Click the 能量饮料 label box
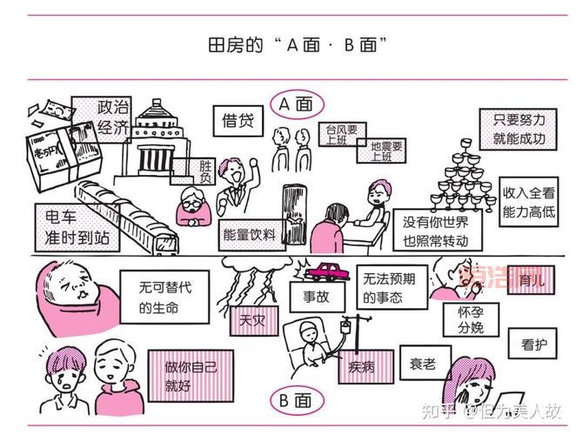[249, 234]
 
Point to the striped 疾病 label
[362, 365]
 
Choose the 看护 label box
[533, 345]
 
